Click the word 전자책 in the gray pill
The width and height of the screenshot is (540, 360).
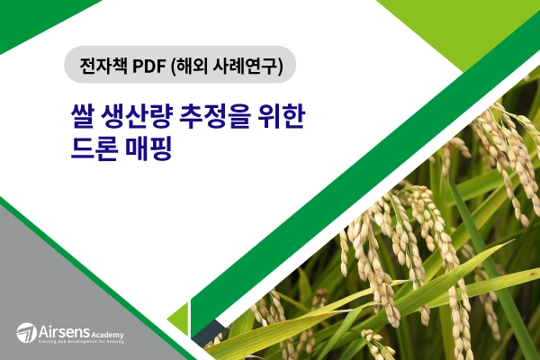[102, 65]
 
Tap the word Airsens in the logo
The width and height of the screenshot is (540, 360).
[61, 331]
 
